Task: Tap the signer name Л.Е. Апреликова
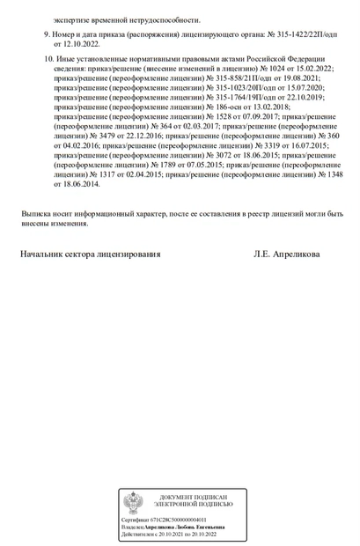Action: (287, 254)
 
